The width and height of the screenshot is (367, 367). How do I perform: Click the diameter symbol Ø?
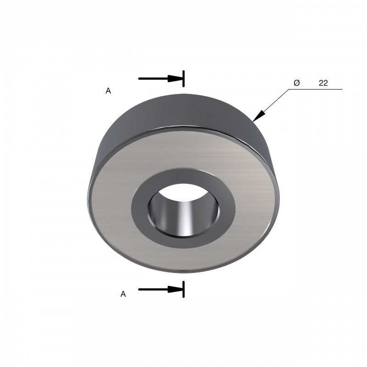click(x=296, y=83)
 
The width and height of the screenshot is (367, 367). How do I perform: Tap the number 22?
click(x=323, y=83)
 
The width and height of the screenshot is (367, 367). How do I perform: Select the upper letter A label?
click(x=108, y=90)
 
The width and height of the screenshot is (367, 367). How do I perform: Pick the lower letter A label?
click(x=123, y=294)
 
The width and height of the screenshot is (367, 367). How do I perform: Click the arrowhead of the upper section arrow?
click(x=175, y=78)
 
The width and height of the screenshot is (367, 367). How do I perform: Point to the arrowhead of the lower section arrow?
click(x=175, y=289)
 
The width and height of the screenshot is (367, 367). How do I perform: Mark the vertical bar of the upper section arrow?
click(x=184, y=78)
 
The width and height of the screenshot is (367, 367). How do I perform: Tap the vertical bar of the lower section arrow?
click(x=184, y=289)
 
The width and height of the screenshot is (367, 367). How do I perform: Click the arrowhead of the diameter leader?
click(x=259, y=116)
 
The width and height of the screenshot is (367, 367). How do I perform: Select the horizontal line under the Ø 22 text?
click(x=315, y=89)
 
